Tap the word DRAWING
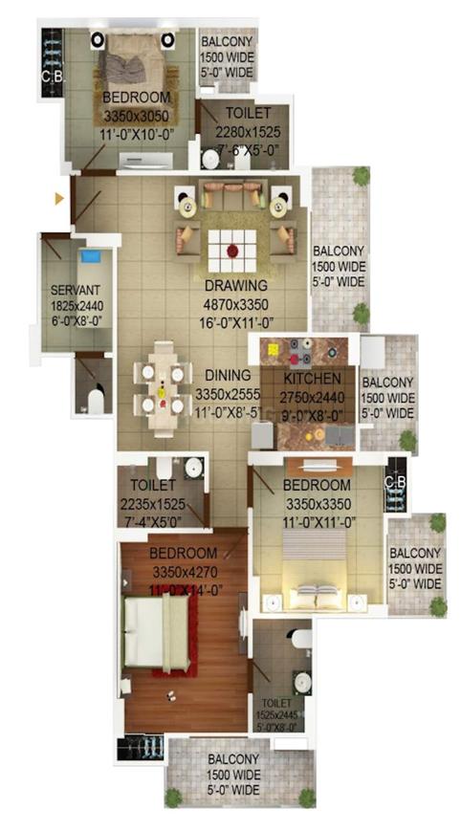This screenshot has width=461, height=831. tap(235, 285)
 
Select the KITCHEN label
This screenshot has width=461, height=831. tap(307, 379)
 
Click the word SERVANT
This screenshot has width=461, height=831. tap(74, 289)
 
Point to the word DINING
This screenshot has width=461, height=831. tap(226, 376)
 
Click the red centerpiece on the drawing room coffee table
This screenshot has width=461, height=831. tap(231, 251)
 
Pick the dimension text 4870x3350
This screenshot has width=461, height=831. tap(235, 304)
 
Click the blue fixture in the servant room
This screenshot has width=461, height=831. tap(90, 257)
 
